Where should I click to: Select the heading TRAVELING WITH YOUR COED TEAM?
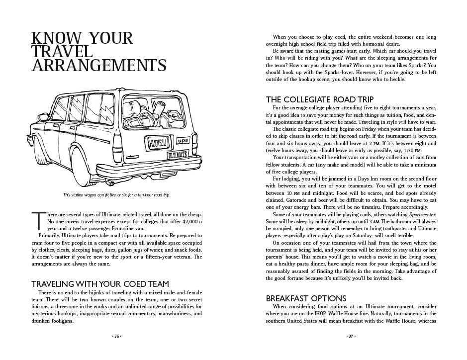coord(100,284)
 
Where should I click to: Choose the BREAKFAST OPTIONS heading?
coord(306,298)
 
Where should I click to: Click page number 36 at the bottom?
coord(117,336)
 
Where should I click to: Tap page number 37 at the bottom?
coord(350,336)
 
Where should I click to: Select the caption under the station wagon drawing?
coord(116,194)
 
